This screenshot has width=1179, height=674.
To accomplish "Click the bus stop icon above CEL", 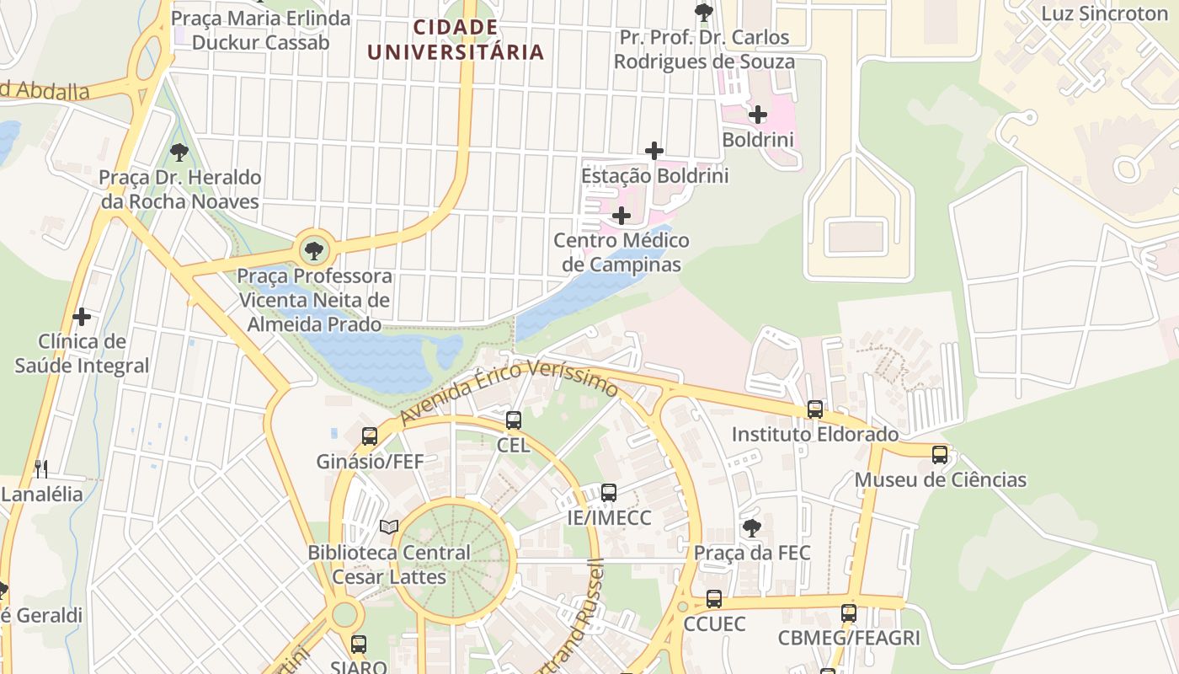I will [x=513, y=420].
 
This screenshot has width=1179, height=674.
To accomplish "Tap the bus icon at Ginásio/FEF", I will [x=369, y=436].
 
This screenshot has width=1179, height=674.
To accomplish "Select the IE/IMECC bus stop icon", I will [x=608, y=492].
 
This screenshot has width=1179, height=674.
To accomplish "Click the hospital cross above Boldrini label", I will [x=758, y=115].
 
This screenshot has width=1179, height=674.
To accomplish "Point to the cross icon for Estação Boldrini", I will [x=654, y=151].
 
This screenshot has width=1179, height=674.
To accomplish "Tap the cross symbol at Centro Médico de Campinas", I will [x=621, y=216].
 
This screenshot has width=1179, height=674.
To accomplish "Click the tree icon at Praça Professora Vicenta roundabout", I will [x=313, y=250].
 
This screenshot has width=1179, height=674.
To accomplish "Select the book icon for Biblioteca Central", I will [x=388, y=527].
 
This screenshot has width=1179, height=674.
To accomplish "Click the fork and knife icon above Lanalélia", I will [x=40, y=468].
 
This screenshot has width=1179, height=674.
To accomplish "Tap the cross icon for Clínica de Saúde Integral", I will [x=82, y=317].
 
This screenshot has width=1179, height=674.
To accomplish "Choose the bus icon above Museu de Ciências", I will [x=940, y=454].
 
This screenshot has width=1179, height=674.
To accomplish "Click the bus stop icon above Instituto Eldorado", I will [x=814, y=409].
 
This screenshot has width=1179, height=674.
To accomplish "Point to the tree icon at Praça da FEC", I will [x=751, y=528].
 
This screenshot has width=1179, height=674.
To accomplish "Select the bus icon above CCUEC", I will [x=713, y=598].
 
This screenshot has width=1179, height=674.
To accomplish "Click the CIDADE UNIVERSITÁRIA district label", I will [x=456, y=40].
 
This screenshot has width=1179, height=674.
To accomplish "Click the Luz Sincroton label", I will [x=1104, y=13].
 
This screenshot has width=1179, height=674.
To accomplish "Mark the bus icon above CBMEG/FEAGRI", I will [x=848, y=612].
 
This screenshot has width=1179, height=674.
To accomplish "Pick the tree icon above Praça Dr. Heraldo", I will [x=179, y=152].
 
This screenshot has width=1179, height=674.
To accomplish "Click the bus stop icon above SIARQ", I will [x=359, y=644].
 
